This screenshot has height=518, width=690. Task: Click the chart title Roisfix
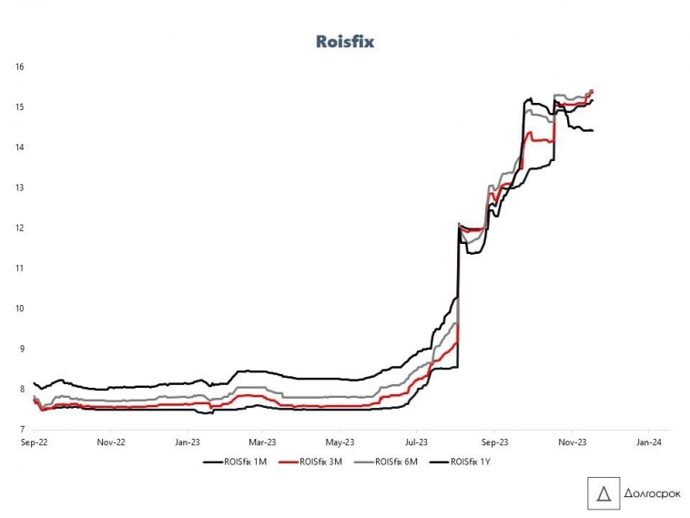[345, 41]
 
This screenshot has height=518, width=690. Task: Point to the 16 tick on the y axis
[19, 67]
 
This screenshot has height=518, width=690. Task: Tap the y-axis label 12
[19, 228]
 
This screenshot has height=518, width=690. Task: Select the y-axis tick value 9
[20, 349]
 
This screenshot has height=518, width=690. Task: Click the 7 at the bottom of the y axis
[20, 429]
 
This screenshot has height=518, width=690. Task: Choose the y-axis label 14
[19, 147]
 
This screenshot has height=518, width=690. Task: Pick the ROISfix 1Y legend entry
[472, 462]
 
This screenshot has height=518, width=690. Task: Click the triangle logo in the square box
[601, 493]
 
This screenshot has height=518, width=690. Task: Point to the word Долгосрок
[647, 493]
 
